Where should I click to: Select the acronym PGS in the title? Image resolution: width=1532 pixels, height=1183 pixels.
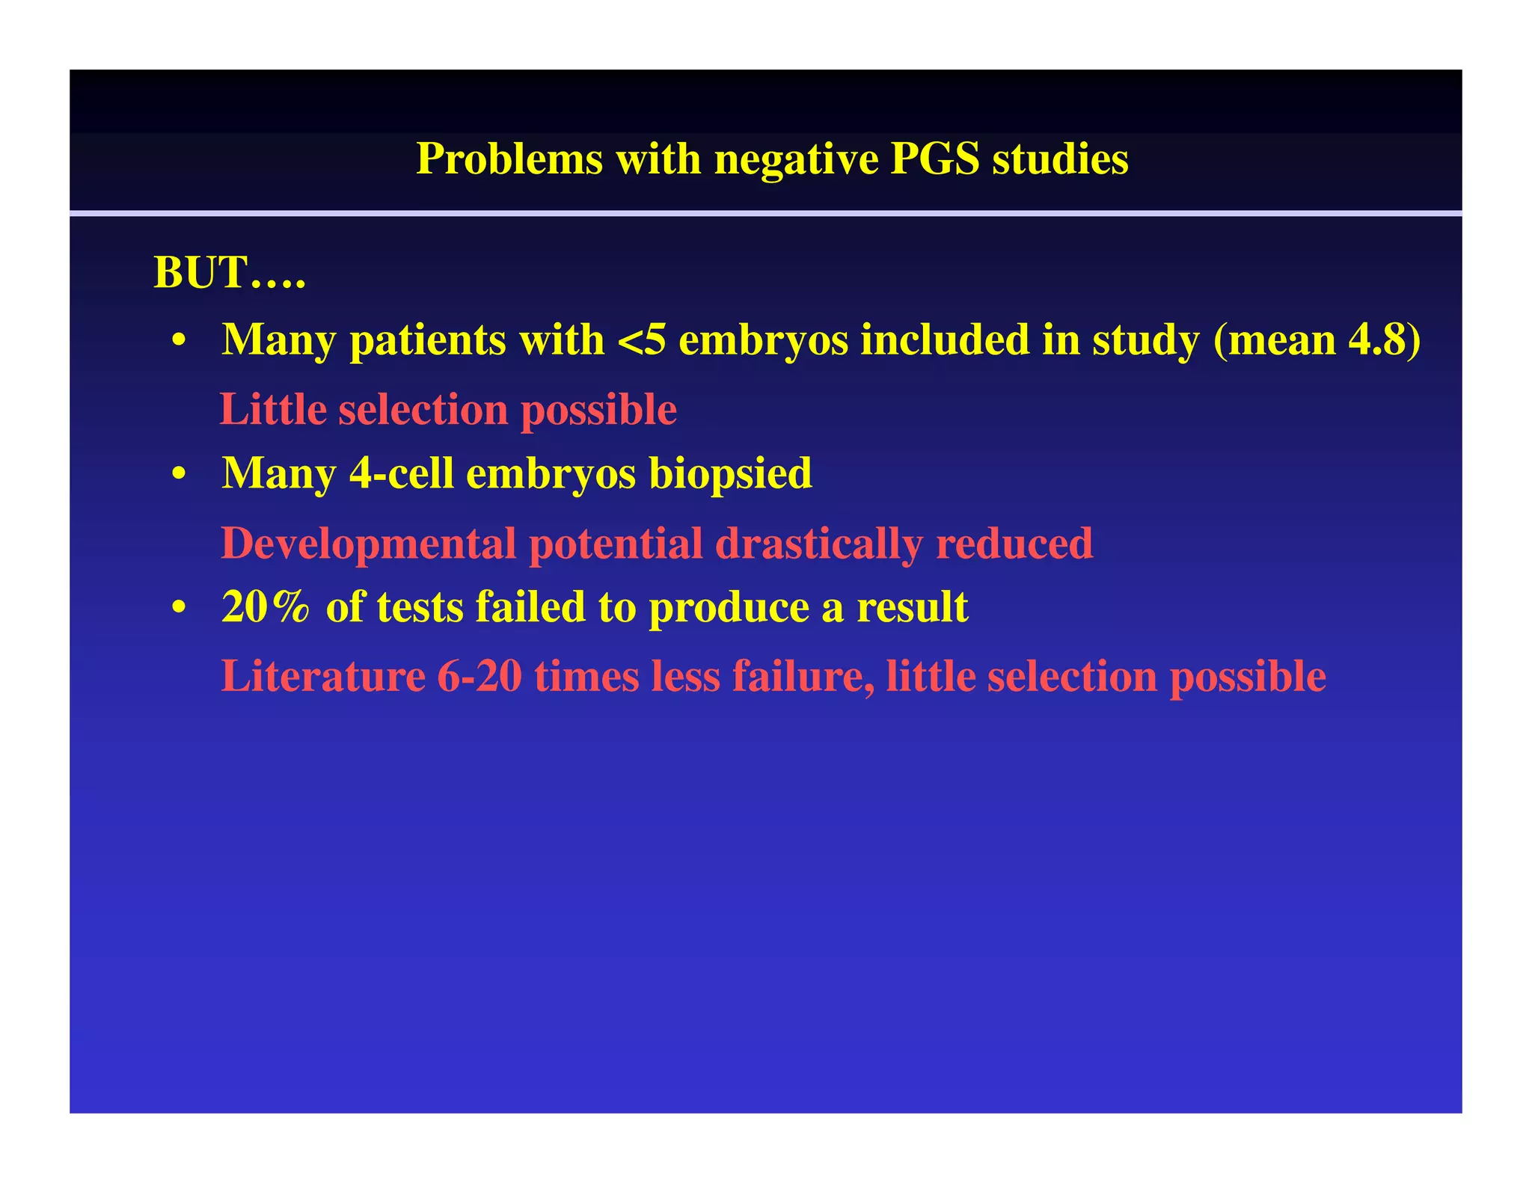[934, 159]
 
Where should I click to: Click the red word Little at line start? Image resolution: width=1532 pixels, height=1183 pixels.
[273, 410]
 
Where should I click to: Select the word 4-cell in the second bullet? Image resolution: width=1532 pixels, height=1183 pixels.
[401, 473]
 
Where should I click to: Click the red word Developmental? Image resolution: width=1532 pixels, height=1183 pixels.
[368, 544]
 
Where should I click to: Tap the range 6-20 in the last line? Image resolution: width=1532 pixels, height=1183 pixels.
[479, 677]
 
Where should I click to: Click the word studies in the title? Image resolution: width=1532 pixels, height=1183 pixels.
[1060, 159]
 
